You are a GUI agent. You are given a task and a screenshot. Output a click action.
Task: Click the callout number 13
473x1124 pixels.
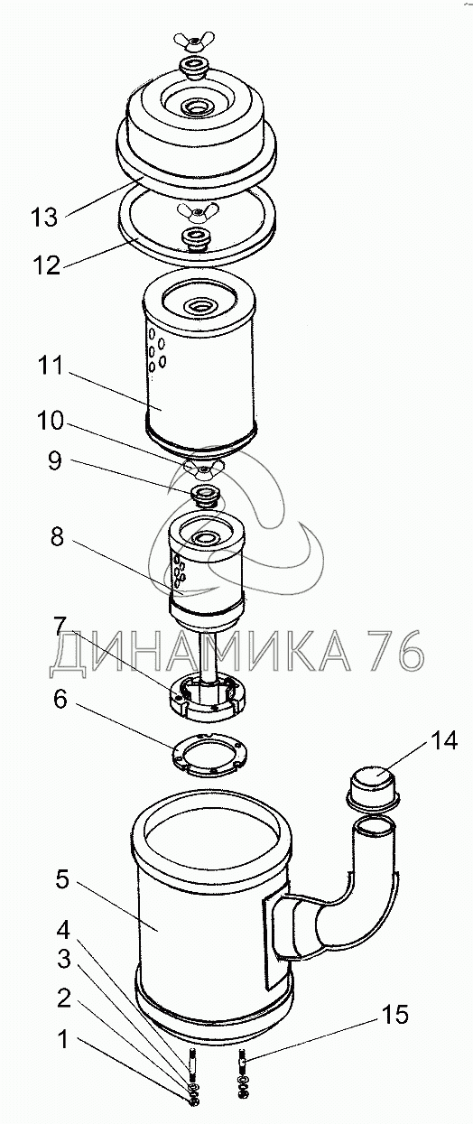(44, 218)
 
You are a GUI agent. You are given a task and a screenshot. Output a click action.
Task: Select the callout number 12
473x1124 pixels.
(47, 265)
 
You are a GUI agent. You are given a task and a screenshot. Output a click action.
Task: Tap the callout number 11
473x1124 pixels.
(51, 366)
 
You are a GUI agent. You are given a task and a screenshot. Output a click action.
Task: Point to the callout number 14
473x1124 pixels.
(443, 740)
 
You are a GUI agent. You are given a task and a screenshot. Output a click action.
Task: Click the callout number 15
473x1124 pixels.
(395, 1013)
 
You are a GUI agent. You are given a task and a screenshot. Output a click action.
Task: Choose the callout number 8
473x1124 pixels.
(57, 537)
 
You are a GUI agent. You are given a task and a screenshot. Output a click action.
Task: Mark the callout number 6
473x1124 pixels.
(60, 699)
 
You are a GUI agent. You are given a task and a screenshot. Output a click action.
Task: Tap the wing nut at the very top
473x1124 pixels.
(189, 42)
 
